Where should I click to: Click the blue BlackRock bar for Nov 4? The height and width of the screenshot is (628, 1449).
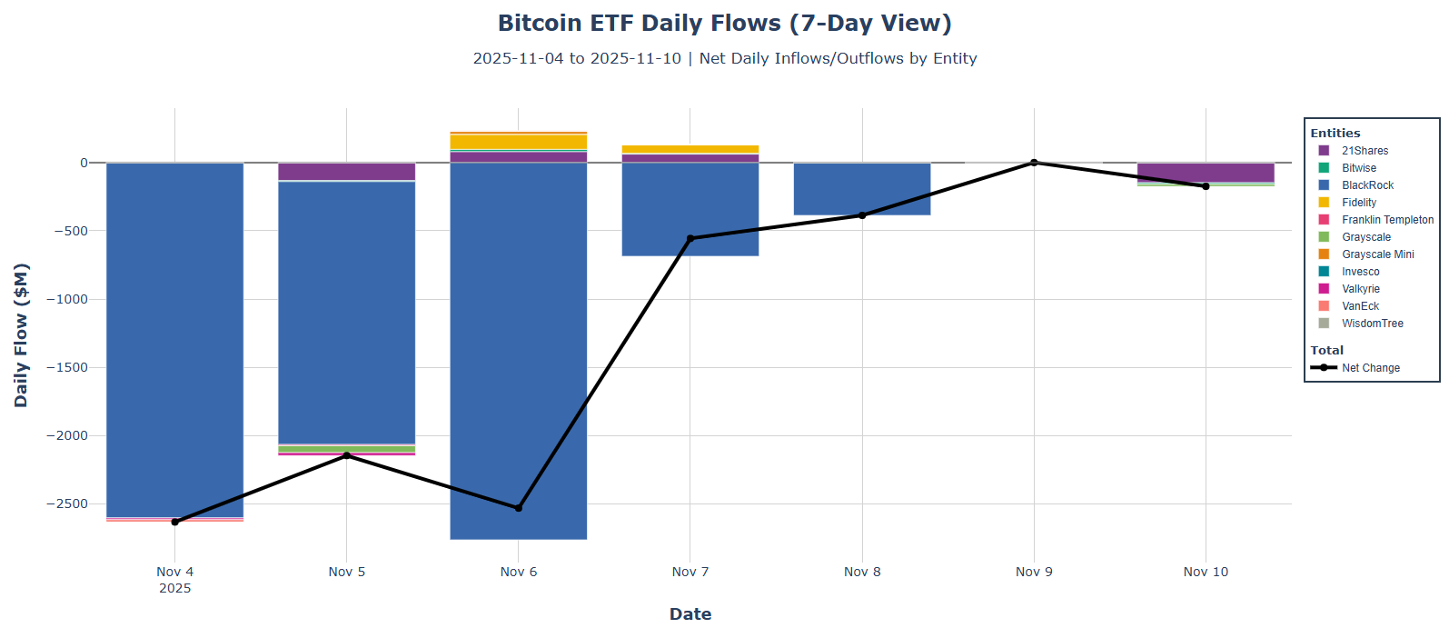pos(174,340)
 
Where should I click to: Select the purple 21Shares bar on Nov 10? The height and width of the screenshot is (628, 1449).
pos(1206,173)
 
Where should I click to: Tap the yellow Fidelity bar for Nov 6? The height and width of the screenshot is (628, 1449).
pos(518,142)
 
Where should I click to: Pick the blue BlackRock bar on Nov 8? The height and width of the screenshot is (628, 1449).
pos(862,189)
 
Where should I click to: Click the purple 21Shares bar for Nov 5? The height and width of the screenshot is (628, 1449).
pos(346,172)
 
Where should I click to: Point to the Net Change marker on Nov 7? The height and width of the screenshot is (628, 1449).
pos(690,238)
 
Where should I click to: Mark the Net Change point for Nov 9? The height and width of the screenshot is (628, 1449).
pos(1034,163)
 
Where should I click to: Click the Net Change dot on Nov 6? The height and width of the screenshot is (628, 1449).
pos(519,508)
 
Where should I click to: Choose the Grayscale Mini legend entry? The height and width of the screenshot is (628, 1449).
pos(1377,254)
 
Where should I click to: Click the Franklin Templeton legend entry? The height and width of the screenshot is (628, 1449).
pos(1387,220)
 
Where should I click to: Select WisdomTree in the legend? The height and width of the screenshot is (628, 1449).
pos(1372,324)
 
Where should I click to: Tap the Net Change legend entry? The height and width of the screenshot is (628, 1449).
pos(1370,368)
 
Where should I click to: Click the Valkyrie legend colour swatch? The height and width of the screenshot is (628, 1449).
pos(1324,289)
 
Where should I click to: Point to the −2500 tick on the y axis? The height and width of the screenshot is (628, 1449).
pos(69,503)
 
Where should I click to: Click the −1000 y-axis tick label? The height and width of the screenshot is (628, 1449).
pos(69,299)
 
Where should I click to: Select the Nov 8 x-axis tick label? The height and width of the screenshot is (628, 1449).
pos(862,572)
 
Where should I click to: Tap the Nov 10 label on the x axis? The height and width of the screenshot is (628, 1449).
pos(1206,572)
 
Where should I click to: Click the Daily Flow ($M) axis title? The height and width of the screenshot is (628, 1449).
pos(21,335)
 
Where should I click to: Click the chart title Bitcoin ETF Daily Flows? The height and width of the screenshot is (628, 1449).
pos(724,23)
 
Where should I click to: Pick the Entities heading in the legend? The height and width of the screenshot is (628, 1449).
pos(1335,133)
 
